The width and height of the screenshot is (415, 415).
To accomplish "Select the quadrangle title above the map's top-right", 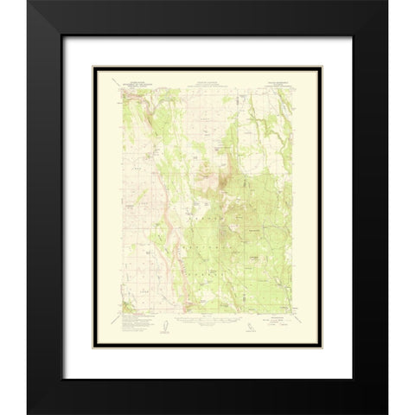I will (x=279, y=77).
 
